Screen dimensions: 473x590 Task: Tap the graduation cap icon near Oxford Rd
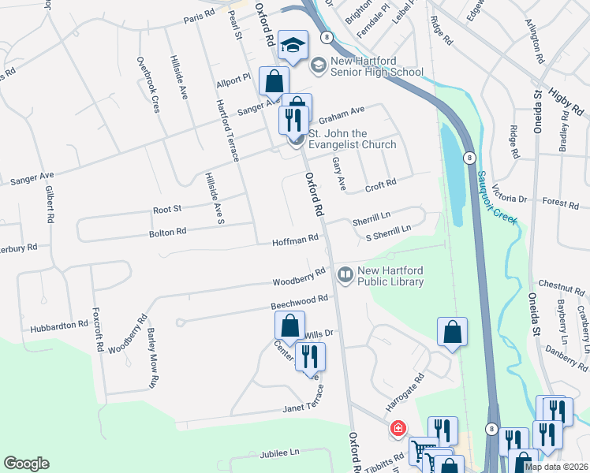click(292, 47)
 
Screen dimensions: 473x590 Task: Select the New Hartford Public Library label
click(390, 276)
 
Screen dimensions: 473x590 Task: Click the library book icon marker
click(345, 275)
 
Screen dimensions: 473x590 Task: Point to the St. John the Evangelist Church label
click(352, 139)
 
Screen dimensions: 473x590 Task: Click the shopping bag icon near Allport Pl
click(273, 81)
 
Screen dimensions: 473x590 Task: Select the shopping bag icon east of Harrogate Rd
click(453, 332)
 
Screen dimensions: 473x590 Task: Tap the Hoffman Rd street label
click(295, 239)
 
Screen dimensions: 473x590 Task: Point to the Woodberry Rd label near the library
click(299, 277)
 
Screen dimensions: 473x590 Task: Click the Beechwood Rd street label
click(299, 302)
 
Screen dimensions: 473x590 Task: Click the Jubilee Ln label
click(279, 453)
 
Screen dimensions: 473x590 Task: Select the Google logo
click(26, 464)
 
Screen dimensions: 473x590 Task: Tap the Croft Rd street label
click(380, 186)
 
